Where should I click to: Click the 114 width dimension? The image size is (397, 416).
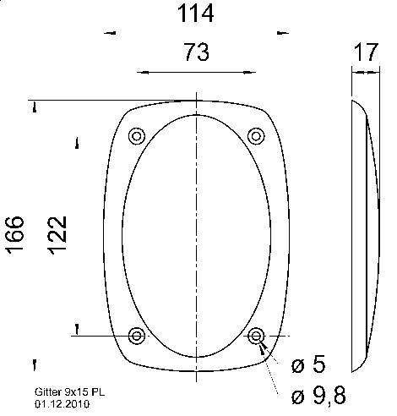(193, 14)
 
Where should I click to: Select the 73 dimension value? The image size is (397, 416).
(196, 53)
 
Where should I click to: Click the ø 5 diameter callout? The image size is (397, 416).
(307, 365)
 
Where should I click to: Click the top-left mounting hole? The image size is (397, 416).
(136, 136)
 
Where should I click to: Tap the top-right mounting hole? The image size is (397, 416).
(256, 136)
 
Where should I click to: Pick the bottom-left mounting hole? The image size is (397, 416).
(136, 337)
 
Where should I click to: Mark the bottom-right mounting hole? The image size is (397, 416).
(256, 337)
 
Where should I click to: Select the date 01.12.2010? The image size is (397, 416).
(62, 404)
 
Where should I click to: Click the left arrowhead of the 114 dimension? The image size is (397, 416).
(107, 33)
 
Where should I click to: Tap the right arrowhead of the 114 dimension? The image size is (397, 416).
(281, 33)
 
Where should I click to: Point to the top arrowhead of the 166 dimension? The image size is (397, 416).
(35, 107)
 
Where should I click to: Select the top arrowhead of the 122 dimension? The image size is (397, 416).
(77, 140)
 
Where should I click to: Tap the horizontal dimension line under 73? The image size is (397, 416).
(196, 73)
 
